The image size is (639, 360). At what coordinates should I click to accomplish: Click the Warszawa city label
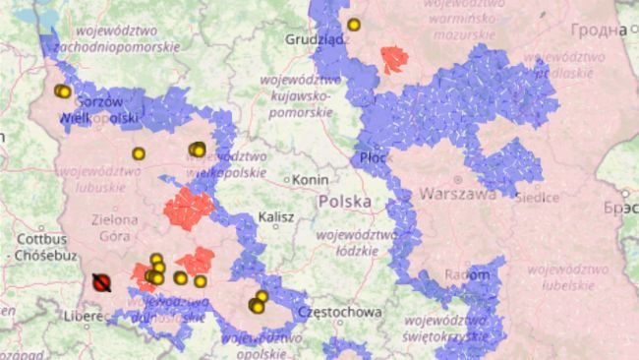pos(457,194)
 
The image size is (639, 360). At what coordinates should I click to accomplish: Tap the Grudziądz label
pos(314,39)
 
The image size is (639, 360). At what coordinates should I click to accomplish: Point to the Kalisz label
pos(275,217)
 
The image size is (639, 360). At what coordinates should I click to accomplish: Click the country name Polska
pos(345,202)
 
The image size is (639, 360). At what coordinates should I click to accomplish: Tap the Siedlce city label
pos(537,197)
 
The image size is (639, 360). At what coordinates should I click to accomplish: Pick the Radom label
pos(466,274)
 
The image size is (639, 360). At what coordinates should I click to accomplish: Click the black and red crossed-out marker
pos(100,282)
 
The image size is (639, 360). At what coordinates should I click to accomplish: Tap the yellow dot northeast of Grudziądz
pos(354,25)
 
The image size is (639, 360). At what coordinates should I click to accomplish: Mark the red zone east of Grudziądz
pos(395,59)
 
